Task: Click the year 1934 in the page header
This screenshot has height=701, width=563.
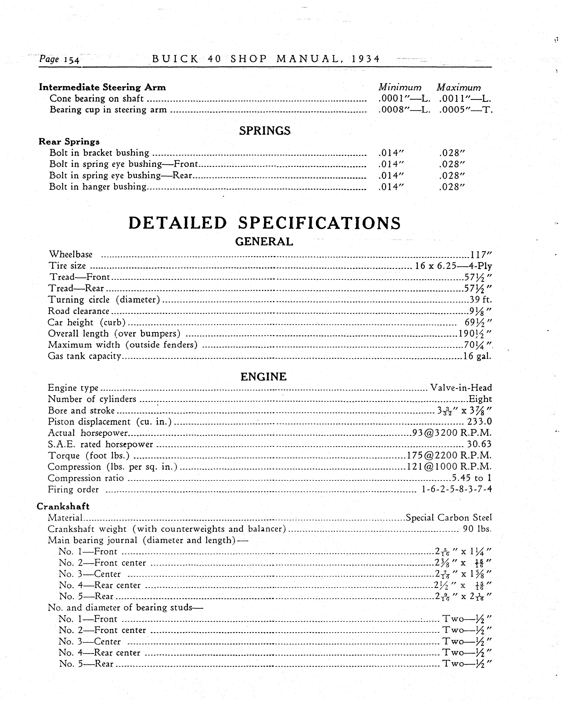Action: pyautogui.click(x=366, y=59)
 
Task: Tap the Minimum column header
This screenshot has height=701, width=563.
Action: pyautogui.click(x=400, y=87)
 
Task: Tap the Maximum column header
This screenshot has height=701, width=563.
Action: pyautogui.click(x=459, y=87)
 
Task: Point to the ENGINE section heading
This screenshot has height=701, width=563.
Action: pyautogui.click(x=263, y=377)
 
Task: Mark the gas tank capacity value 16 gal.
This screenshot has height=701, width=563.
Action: pyautogui.click(x=477, y=356)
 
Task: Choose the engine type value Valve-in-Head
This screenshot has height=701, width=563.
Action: pyautogui.click(x=461, y=388)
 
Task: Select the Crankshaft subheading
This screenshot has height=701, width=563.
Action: pyautogui.click(x=63, y=506)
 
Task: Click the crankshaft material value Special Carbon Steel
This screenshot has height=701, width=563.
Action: pyautogui.click(x=449, y=518)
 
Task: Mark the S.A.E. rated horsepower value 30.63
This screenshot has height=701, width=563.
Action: pyautogui.click(x=479, y=444)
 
